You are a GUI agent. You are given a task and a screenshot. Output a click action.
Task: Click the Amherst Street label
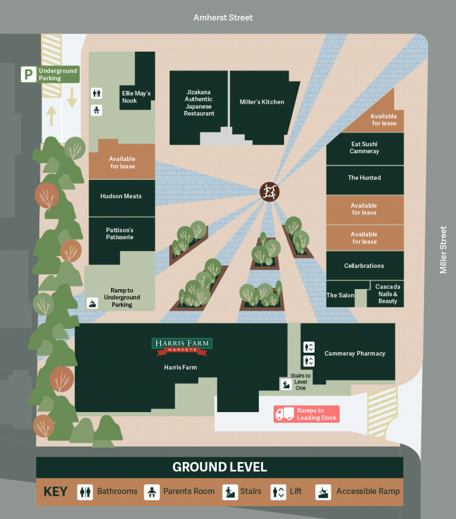pos(223,18)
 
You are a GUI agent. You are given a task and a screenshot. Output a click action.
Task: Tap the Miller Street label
pos(443,249)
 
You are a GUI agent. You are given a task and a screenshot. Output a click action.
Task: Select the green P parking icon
pos(28,74)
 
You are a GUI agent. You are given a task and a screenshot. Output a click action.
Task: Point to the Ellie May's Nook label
pos(137,97)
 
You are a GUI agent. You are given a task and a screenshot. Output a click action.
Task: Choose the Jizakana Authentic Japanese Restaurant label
pos(199,102)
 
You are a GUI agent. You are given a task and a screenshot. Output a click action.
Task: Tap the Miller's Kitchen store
pos(262,102)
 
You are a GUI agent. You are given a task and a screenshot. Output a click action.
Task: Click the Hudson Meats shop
pos(121,196)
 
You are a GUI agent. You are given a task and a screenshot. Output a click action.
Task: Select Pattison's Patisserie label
pos(120,233)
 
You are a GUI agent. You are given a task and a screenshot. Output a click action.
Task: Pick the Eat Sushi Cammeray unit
pos(365,147)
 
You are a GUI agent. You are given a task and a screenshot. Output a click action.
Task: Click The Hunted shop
pos(365,178)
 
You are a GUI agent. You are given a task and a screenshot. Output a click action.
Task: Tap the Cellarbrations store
pos(364,265)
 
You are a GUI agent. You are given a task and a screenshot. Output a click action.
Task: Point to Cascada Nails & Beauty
pos(388,294)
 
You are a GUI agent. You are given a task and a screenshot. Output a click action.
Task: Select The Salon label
pos(340,295)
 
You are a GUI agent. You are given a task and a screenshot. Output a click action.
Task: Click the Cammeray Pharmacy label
pos(354,353)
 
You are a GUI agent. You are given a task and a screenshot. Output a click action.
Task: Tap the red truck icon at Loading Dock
pos(285,414)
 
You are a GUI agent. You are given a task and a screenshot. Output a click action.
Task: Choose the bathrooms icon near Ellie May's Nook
pos(97,93)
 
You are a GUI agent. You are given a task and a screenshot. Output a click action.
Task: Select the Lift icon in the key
pos(279,492)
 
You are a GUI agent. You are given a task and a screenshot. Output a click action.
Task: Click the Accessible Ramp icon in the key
pos(324,492)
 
